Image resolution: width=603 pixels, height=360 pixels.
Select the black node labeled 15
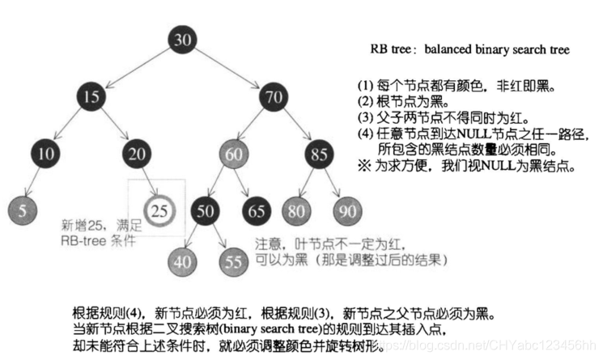[91, 98]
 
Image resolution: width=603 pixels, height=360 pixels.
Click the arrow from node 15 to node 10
[69, 125]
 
